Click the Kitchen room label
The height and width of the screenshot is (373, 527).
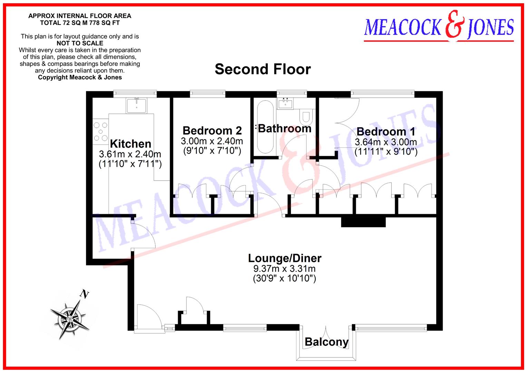130,144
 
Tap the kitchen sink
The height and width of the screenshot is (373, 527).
137,105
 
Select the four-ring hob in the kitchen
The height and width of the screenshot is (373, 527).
100,132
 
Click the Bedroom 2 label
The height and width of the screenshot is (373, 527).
212,131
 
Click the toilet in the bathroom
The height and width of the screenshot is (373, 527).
305,117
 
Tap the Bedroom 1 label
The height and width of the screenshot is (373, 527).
386,132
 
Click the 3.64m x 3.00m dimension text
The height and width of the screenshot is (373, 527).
386,142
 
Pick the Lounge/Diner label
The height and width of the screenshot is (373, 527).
285,258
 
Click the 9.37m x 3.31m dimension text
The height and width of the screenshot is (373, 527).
284,269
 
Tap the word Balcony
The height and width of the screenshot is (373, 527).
326,342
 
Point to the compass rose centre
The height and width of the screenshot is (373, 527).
70,318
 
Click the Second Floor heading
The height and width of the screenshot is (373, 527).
263,69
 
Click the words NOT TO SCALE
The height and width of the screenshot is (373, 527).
80,43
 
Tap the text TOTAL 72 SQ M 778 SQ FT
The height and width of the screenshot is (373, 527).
80,23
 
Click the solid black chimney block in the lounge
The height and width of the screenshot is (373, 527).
363,221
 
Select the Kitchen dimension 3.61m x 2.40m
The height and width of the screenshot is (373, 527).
130,154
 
